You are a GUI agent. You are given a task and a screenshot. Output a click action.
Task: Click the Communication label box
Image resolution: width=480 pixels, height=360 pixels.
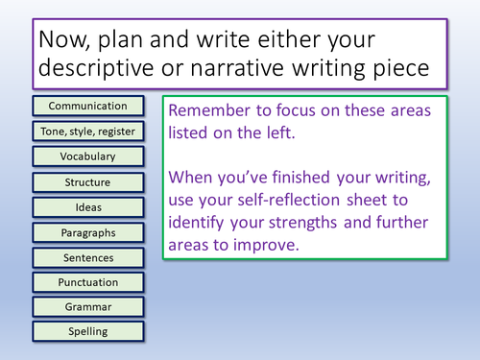click(87, 106)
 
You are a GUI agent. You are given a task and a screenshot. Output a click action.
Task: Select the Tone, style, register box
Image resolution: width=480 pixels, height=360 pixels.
click(87, 131)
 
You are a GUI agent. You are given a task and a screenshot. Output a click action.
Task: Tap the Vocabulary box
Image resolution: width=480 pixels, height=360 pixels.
click(87, 156)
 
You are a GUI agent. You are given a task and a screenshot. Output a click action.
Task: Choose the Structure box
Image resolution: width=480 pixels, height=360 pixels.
click(87, 181)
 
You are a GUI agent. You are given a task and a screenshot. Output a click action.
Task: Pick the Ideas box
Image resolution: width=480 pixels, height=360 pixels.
click(87, 206)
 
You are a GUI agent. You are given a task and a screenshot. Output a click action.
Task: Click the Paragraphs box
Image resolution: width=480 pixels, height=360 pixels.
click(87, 231)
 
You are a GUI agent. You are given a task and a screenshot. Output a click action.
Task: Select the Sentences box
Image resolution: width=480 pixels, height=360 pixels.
click(87, 257)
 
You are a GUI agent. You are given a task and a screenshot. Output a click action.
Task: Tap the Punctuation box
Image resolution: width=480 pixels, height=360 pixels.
click(87, 282)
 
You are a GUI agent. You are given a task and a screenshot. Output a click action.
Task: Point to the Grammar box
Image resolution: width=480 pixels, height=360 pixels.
click(87, 307)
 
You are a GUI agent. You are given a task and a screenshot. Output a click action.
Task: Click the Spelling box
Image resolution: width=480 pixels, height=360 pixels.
click(87, 332)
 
